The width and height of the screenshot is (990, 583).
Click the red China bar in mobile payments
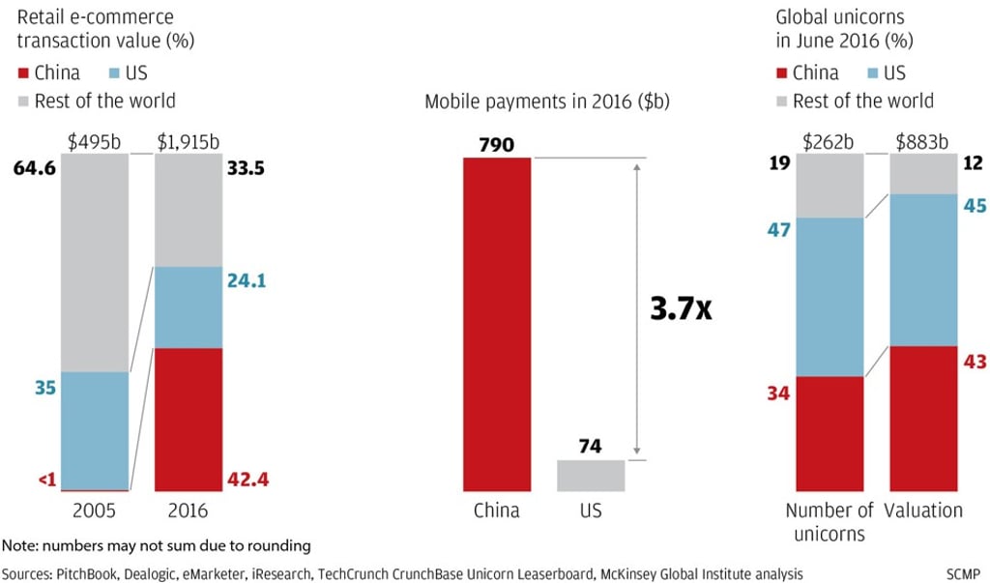pyautogui.click(x=497, y=324)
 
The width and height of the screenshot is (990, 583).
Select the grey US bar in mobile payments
pyautogui.click(x=591, y=475)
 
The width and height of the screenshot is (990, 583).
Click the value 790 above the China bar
pyautogui.click(x=497, y=145)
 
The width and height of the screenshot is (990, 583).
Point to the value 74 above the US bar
pyautogui.click(x=591, y=447)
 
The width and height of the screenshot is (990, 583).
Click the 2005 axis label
pyautogui.click(x=94, y=510)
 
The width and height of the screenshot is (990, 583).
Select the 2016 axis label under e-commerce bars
pyautogui.click(x=188, y=510)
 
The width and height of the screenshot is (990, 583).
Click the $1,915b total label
pyautogui.click(x=189, y=142)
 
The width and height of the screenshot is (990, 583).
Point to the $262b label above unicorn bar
pyautogui.click(x=830, y=142)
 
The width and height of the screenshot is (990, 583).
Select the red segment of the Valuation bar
pyautogui.click(x=922, y=418)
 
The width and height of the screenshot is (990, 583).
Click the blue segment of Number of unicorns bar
pyautogui.click(x=830, y=297)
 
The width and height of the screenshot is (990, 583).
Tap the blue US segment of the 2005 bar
pyautogui.click(x=94, y=430)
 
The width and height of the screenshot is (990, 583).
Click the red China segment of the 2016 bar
pyautogui.click(x=188, y=419)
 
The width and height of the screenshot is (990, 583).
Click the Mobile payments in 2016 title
pyautogui.click(x=547, y=102)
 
